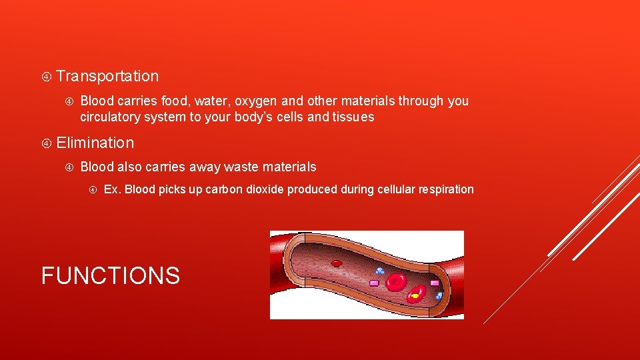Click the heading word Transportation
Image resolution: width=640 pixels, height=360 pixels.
pos(107,76)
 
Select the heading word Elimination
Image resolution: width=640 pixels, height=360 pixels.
pos(95,143)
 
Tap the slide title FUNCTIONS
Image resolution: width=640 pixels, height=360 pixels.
pos(111,275)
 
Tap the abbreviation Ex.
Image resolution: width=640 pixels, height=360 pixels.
pos(112,189)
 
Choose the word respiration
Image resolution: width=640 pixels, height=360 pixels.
pos(446,189)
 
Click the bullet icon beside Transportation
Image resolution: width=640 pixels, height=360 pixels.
pos(47,77)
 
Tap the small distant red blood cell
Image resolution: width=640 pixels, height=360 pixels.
pos(337,263)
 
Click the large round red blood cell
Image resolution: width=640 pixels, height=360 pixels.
pos(397,282)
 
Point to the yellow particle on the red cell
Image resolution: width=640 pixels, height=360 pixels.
pos(415,295)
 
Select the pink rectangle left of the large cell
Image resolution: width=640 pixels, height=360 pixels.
pos(374,283)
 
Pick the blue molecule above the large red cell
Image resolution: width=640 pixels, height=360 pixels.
pos(379,271)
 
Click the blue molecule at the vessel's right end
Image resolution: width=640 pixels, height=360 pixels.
pos(439,295)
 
